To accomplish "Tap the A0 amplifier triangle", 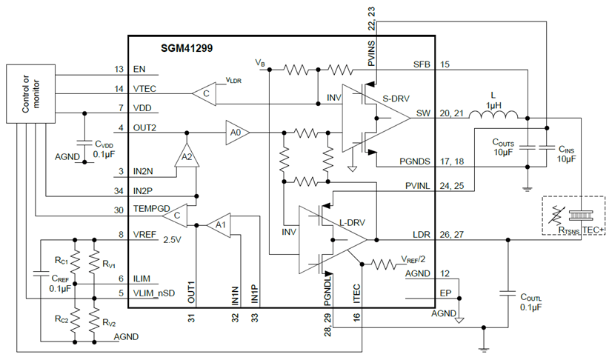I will pos(237,132).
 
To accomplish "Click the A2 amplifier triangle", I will pos(186,156).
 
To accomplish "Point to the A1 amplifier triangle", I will pos(218,224).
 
